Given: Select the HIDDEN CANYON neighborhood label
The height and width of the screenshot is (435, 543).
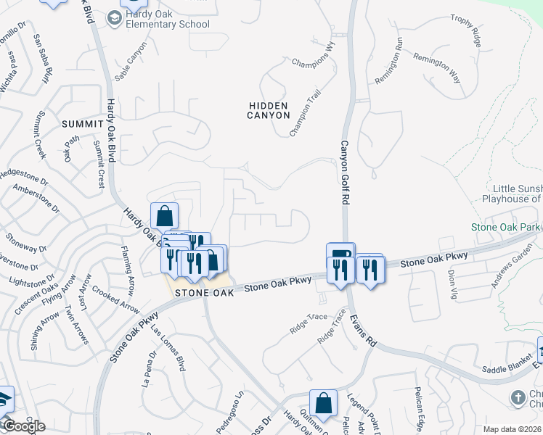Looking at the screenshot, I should (268, 110).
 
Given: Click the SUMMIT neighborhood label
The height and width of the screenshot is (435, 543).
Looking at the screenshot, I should (83, 124).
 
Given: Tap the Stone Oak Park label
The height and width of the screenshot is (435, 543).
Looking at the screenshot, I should (507, 227).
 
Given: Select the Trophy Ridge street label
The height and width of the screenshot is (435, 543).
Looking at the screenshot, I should (466, 30).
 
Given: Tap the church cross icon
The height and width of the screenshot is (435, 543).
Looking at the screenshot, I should (518, 397).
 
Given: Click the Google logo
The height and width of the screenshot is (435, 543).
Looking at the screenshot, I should (23, 426).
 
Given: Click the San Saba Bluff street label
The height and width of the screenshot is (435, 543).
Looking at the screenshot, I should (45, 57).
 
